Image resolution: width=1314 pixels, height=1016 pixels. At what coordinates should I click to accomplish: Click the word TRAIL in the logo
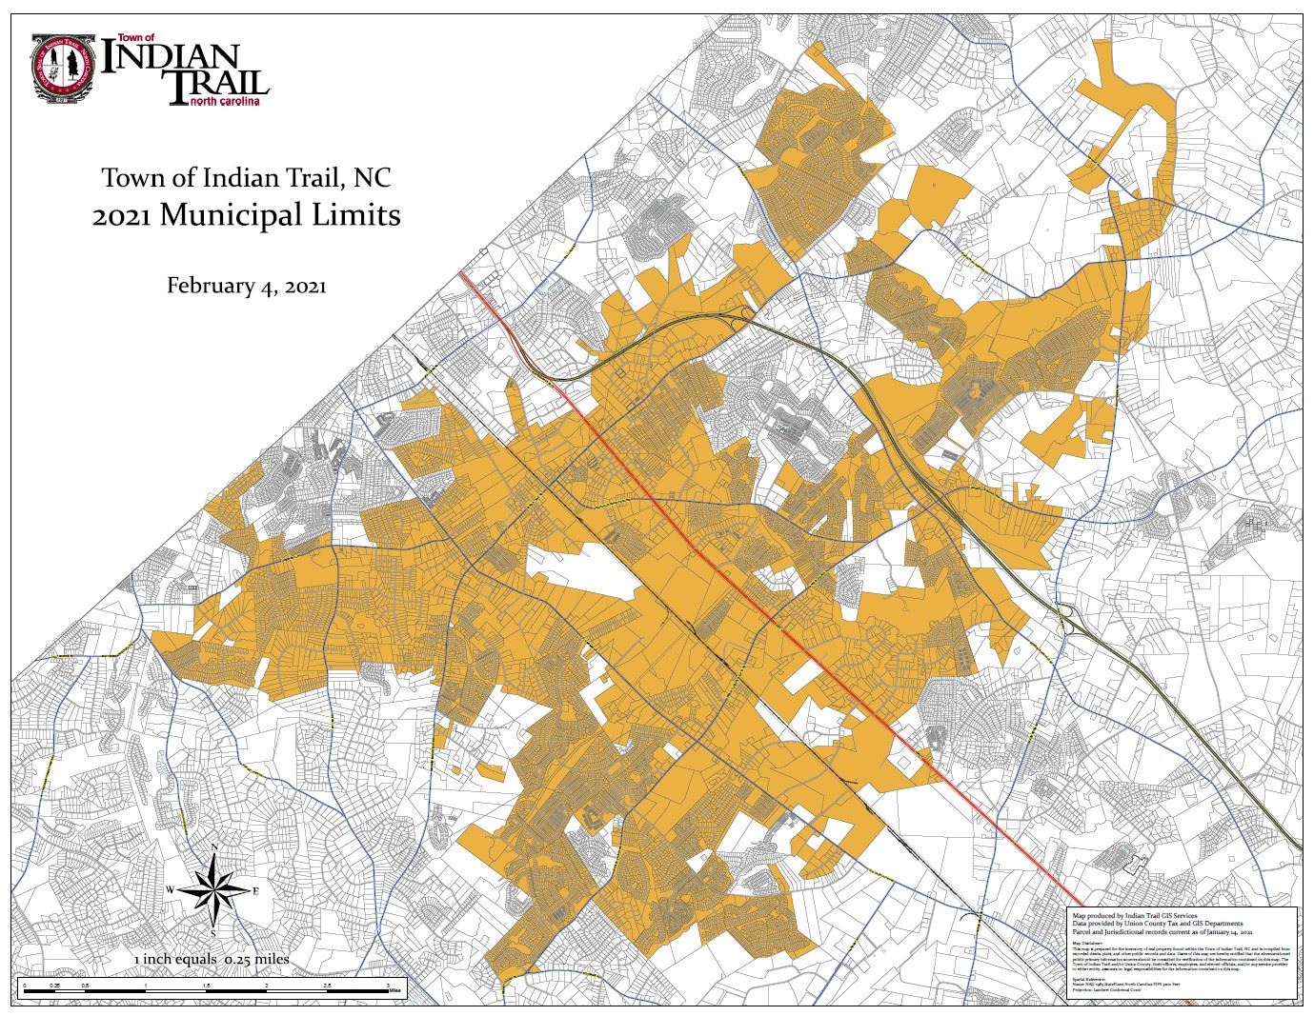point(216,85)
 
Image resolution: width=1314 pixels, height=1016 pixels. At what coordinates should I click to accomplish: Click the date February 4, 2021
point(247,285)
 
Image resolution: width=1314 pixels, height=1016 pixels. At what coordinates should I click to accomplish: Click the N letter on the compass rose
point(215,847)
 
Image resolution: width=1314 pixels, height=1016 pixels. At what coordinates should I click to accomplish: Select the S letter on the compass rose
point(215,933)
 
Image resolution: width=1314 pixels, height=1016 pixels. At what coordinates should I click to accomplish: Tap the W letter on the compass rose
point(171,890)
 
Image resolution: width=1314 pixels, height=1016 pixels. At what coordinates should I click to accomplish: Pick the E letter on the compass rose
point(255,890)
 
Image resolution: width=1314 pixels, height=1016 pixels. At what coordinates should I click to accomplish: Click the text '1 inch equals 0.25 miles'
point(212,959)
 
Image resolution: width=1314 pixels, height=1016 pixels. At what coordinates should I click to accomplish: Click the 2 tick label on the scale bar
point(267,985)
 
